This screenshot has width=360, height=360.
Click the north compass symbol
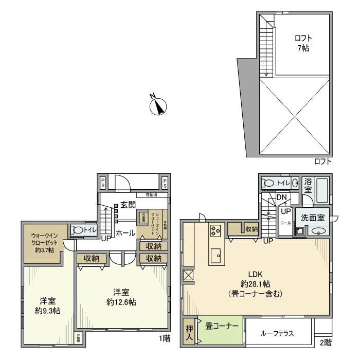click(159, 106)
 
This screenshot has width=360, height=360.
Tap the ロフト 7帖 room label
click(303, 43)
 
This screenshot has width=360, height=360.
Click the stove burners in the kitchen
click(214, 231)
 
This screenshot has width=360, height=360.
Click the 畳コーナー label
click(222, 326)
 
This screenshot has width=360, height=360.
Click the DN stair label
click(281, 197)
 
